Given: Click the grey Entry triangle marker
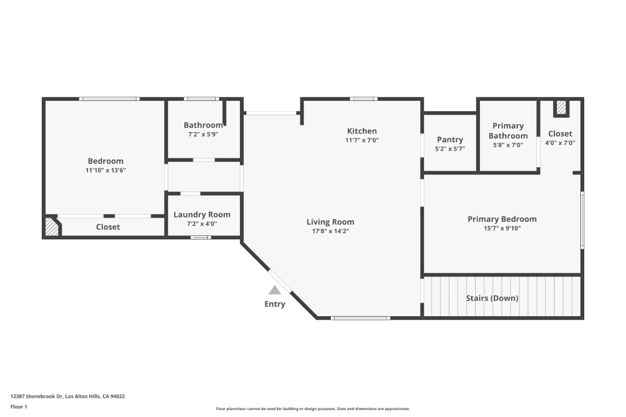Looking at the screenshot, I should coord(275,290).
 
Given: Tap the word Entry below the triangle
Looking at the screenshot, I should coord(275,304).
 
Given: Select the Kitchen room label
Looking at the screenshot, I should coord(362,131).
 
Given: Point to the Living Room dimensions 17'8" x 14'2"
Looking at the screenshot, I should coord(330,231).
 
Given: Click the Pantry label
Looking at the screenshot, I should coord(450,139).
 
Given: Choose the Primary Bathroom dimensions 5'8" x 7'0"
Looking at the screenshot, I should coord(508,145).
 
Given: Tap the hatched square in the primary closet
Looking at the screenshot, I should coord(561,108).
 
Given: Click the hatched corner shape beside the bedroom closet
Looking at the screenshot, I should coord(52,227).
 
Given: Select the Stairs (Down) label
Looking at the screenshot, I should coord(492,298).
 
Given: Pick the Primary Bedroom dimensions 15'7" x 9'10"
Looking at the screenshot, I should coord(502,228).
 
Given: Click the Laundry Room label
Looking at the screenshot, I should coord(202,215).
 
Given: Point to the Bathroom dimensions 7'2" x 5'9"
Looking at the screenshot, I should coord(203,135).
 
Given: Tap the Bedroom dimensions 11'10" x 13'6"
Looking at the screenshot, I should coord(106,170).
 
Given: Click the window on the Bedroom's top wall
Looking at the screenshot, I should coord(110,99).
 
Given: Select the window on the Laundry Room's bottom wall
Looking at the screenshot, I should coord(200,238).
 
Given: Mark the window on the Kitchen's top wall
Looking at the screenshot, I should coord(363,99).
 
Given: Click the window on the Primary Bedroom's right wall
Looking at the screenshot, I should coord(582,220).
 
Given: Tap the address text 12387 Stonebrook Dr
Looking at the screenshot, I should coord(37,396).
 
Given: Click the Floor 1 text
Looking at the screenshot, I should coord(19,407).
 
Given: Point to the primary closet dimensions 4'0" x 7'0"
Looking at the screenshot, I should coord(560,143).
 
